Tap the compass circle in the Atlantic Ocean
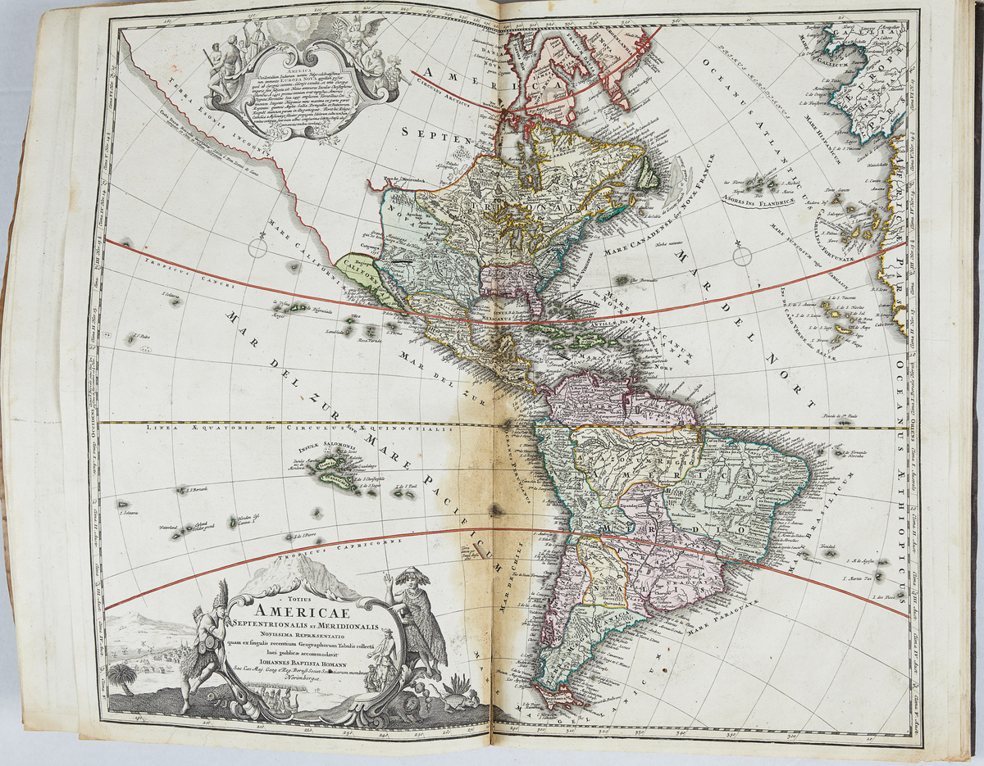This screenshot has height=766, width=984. [742, 256]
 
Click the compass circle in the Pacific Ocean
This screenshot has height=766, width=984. [257, 247]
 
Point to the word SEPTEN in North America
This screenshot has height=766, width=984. [440, 130]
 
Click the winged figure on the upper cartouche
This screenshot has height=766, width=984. [356, 32]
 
